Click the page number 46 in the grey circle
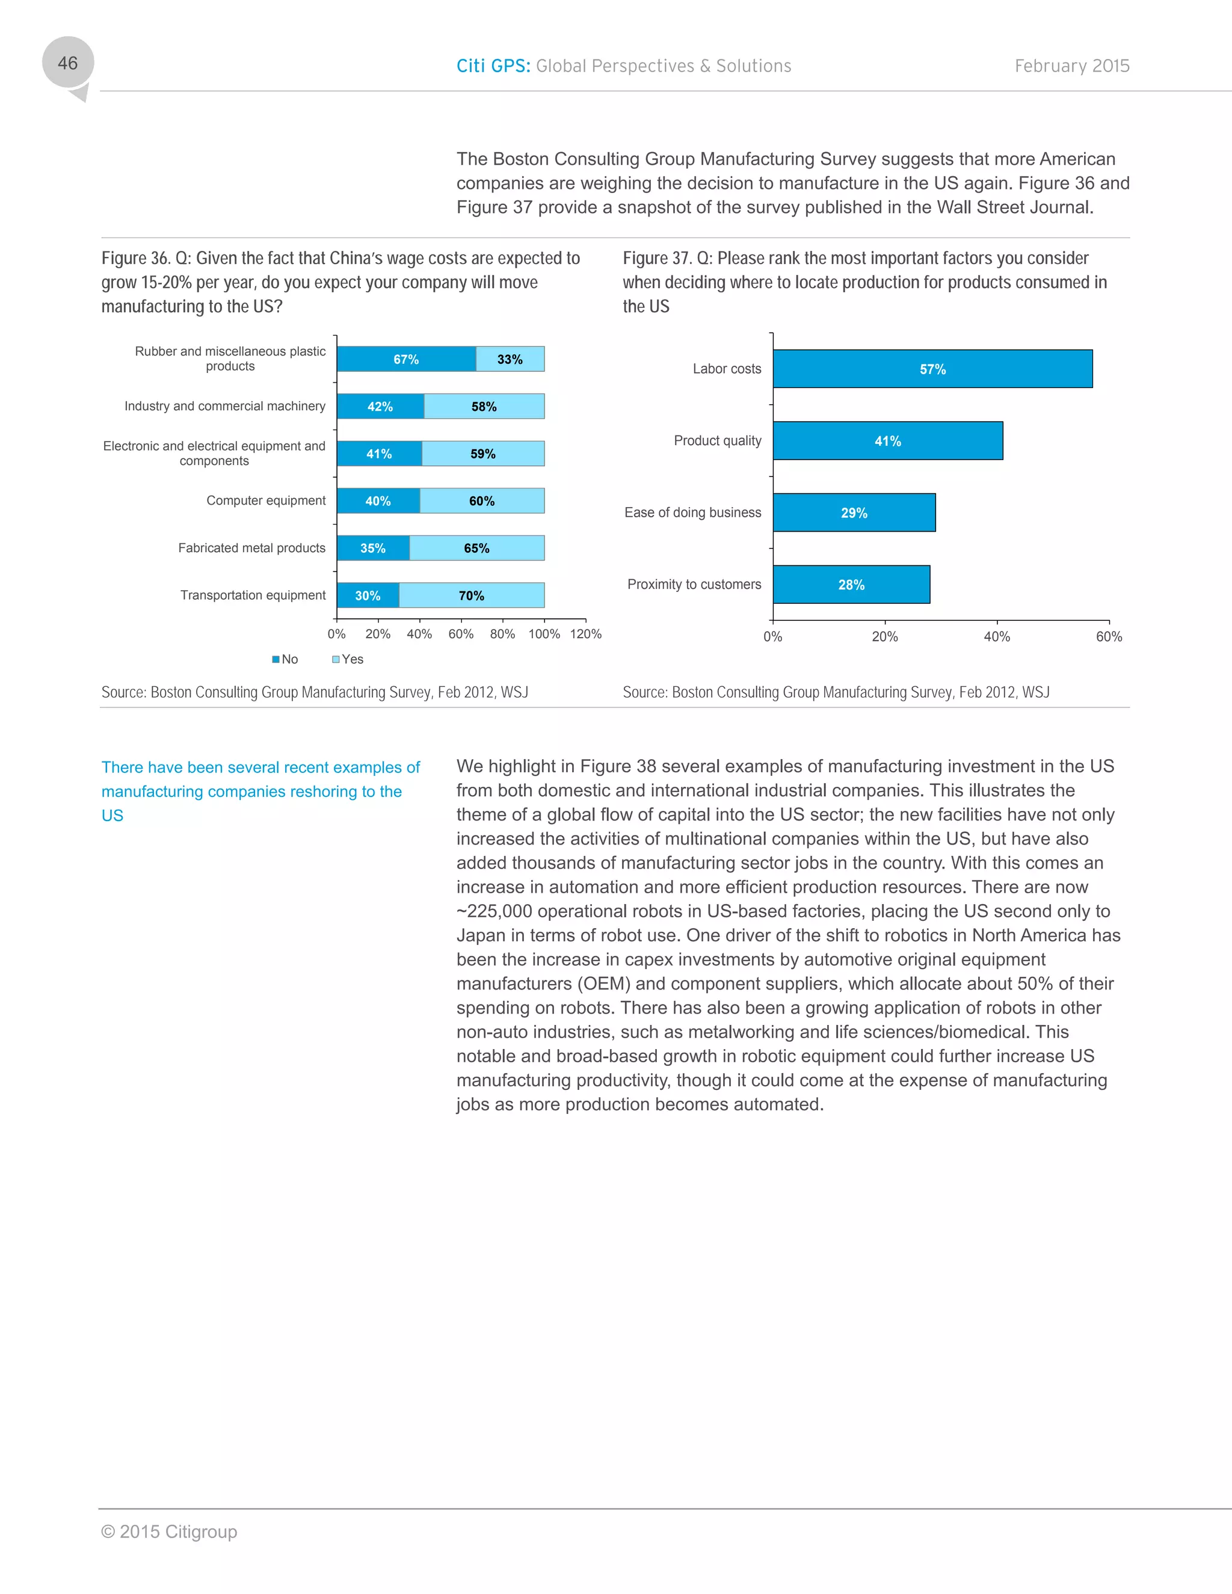68,64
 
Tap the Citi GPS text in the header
493,66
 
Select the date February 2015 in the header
1071,66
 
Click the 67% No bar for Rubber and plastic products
407,359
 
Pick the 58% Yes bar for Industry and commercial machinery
484,407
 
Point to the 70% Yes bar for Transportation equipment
472,595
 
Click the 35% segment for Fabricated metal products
373,548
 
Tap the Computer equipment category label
266,500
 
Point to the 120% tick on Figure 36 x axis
585,633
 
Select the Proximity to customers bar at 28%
851,585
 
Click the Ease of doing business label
692,512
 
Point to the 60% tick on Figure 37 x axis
1108,636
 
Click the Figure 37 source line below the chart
836,692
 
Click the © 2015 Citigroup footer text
169,1531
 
